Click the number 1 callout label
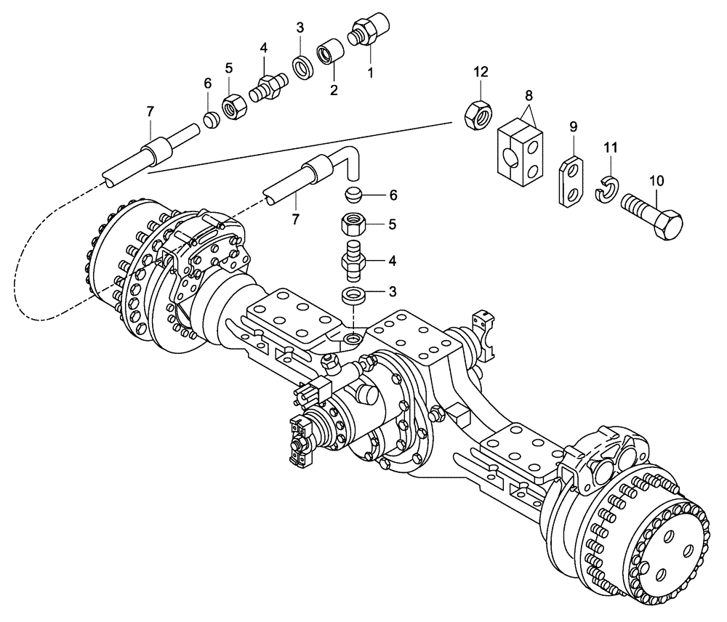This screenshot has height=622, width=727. click(369, 73)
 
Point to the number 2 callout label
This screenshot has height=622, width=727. click(334, 90)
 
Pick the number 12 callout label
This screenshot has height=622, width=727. click(482, 72)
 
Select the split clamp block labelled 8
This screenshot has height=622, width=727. click(523, 150)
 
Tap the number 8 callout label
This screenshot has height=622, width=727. click(529, 95)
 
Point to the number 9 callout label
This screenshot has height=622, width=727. click(573, 126)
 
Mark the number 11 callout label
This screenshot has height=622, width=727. click(611, 148)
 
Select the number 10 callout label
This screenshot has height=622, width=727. click(656, 179)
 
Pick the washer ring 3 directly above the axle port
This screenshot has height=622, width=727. click(353, 296)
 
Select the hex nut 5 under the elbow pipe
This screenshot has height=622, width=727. click(353, 224)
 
